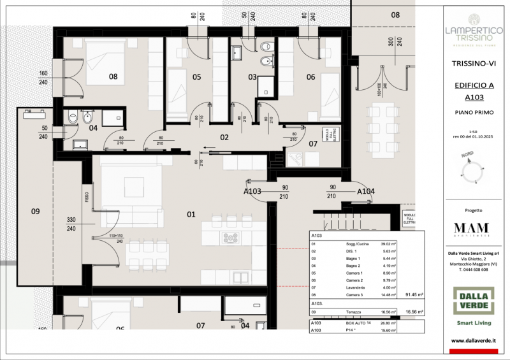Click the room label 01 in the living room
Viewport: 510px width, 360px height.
(191, 214)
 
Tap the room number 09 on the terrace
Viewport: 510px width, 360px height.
(36, 210)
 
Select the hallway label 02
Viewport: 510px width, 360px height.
(224, 136)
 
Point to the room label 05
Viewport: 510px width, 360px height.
(197, 77)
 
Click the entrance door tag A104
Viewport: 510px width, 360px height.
(365, 191)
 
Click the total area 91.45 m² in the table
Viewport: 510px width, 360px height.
(414, 295)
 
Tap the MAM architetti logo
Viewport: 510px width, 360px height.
(472, 229)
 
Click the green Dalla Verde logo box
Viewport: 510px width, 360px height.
(472, 301)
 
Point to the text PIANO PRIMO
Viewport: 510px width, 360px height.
(472, 111)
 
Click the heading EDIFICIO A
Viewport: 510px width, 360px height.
(472, 85)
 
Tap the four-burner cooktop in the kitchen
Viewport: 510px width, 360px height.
(230, 238)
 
